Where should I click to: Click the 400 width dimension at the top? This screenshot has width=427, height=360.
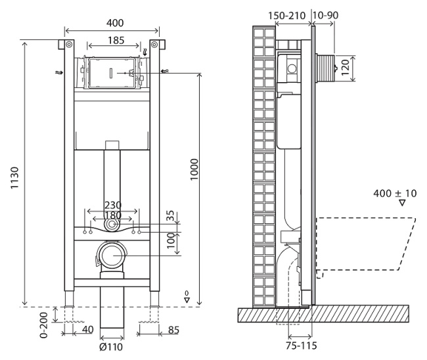pyautogui.click(x=112, y=23)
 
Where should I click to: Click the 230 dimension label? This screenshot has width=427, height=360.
pyautogui.click(x=113, y=205)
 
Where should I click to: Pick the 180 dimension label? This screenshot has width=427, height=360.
pyautogui.click(x=113, y=215)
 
